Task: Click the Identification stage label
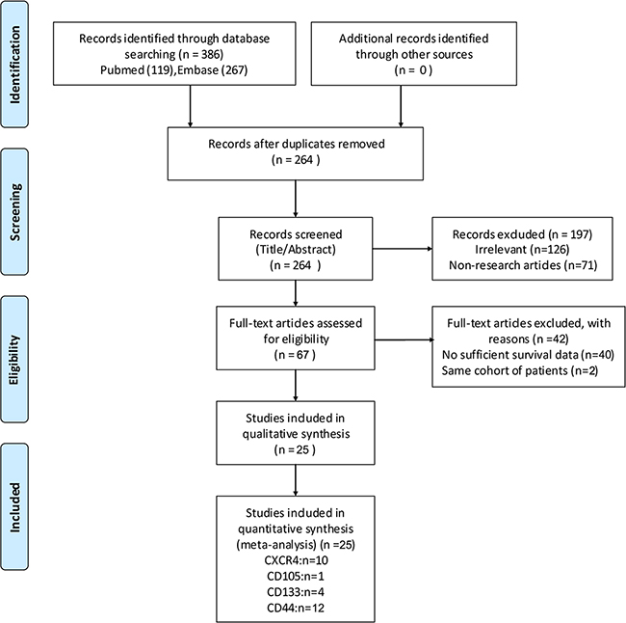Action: coord(14,65)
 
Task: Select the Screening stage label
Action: coord(14,212)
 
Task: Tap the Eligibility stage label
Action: coord(14,359)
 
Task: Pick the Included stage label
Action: coord(14,506)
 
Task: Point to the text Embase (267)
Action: coord(213,70)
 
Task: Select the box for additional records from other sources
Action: coord(413,54)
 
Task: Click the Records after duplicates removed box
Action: coord(296,153)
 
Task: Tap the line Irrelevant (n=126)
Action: coord(522,250)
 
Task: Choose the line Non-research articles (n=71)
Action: coord(523,265)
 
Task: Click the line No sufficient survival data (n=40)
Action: coord(528,355)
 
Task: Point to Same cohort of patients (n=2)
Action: coord(520,370)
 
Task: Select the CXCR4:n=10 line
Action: coord(296,560)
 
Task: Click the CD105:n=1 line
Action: coord(296,576)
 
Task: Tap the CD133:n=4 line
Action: coord(296,592)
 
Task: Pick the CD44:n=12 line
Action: coord(296,608)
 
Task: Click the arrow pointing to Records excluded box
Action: coord(403,249)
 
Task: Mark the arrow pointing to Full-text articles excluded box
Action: coord(404,339)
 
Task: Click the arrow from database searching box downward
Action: coord(190,106)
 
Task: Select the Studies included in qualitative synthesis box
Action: coord(296,433)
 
